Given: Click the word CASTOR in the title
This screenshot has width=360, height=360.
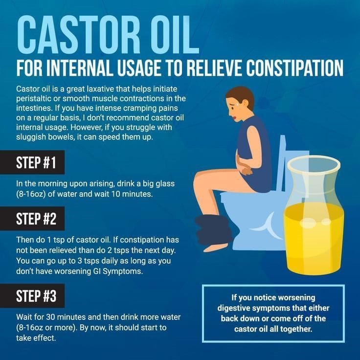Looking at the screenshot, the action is [x=79, y=35].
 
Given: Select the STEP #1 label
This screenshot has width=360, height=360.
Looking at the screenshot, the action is [x=36, y=162].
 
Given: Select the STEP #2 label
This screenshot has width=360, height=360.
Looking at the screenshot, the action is [x=36, y=219].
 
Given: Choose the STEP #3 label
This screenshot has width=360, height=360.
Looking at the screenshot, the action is [x=36, y=296].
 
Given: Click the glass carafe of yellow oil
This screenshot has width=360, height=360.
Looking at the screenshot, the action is [x=314, y=215].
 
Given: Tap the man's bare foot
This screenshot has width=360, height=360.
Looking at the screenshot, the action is [x=215, y=248].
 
